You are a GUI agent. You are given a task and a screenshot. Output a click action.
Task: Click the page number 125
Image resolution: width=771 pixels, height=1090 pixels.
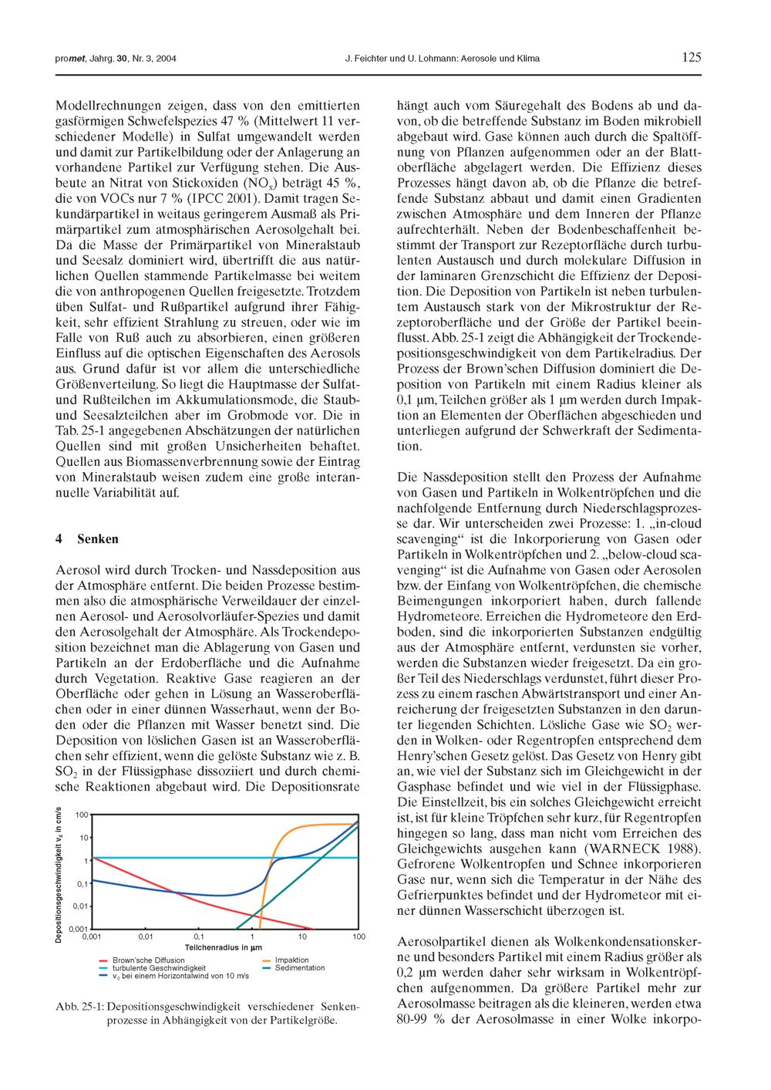pos(692,57)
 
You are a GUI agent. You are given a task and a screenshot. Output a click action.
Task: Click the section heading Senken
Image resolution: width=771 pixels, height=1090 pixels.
pos(98,538)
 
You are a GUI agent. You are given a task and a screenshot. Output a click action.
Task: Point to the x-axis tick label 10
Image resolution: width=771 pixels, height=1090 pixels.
pos(303,936)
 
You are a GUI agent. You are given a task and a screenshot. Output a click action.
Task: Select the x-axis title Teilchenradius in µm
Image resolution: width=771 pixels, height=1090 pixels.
pos(224,947)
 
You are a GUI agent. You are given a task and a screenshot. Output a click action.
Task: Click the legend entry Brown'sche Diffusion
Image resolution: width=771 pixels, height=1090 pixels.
pos(148,960)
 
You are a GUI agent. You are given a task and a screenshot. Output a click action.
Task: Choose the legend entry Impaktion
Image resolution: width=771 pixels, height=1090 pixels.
pos(291,960)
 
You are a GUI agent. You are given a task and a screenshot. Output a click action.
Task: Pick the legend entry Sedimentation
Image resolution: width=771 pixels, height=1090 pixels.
pos(300,968)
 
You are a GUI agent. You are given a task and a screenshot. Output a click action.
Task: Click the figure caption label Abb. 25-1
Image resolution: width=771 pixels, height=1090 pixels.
pos(80,1007)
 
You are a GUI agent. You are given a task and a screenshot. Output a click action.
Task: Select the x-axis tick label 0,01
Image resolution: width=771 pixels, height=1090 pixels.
pos(146,936)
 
